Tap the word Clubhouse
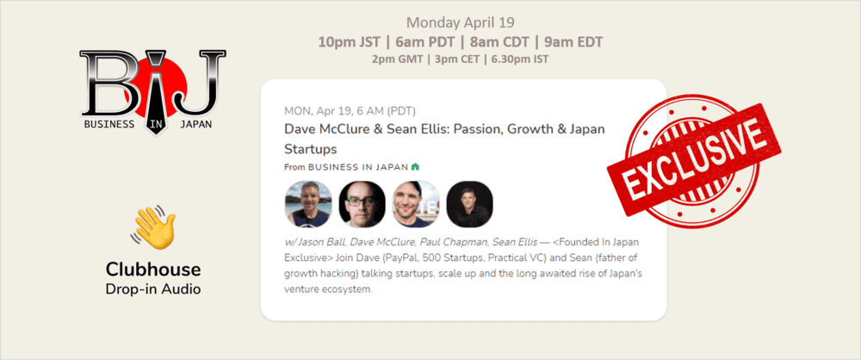point(152,268)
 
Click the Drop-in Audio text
point(152,289)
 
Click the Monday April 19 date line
point(462,22)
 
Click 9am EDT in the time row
point(573,41)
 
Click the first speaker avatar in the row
point(308,204)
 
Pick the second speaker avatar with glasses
point(362,204)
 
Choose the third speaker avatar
point(416,204)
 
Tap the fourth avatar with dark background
point(469,204)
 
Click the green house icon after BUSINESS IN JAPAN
point(415,166)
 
